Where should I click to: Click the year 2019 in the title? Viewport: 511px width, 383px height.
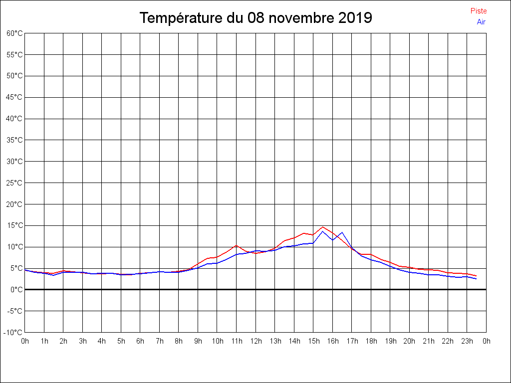point(355,18)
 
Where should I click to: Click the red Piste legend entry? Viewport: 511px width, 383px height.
point(479,11)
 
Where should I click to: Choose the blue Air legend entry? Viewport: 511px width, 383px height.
point(481,22)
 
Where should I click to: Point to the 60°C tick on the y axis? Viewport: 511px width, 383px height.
point(14,33)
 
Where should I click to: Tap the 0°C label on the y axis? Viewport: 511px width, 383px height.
point(16,290)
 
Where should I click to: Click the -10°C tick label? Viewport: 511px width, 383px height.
point(13,333)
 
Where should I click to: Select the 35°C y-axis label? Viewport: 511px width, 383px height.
point(14,140)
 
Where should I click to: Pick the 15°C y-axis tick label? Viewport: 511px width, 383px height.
point(14,225)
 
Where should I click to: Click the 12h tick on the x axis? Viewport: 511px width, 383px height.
point(255,342)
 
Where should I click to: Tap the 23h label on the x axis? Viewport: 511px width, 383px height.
point(467,342)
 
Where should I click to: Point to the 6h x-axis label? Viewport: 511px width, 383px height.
point(140,342)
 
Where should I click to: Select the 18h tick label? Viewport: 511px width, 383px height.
point(371,342)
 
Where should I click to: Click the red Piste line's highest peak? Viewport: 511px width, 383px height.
point(323,227)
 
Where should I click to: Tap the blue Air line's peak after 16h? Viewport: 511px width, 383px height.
point(342,232)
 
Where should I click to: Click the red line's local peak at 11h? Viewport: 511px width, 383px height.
point(237,245)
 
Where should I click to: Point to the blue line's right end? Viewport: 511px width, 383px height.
point(476,279)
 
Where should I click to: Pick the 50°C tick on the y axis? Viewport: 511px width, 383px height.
point(14,76)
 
